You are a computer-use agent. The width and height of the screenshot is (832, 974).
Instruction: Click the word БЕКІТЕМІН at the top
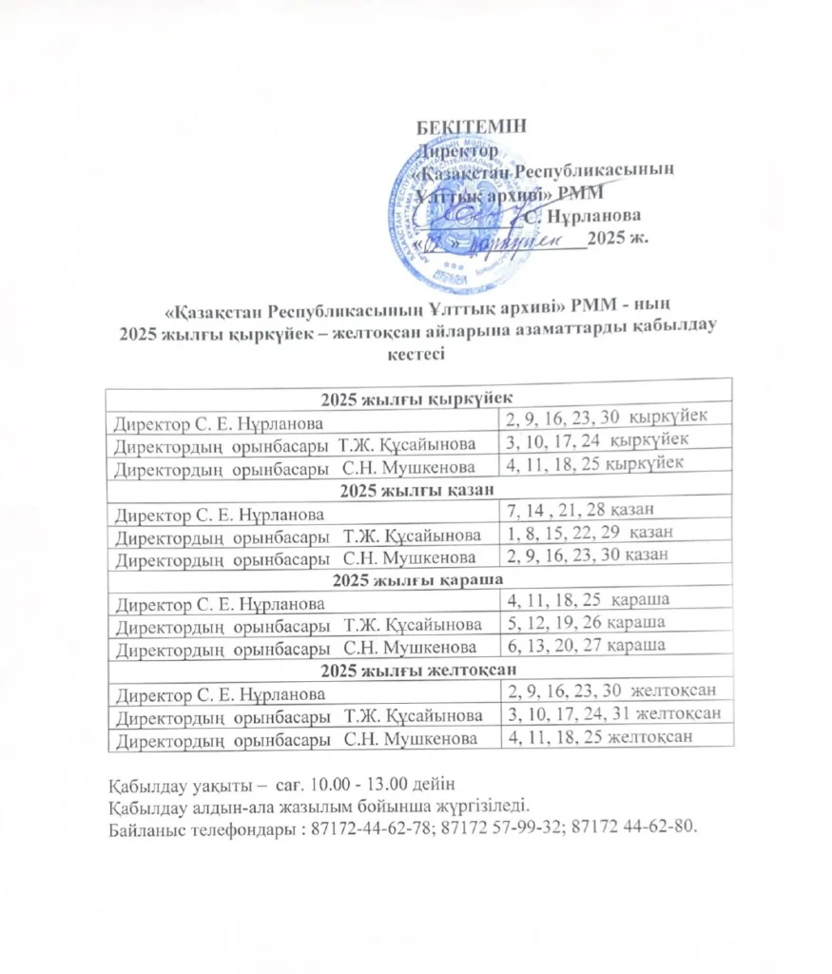pos(472,127)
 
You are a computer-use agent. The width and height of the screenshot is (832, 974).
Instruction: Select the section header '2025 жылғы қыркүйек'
pos(419,398)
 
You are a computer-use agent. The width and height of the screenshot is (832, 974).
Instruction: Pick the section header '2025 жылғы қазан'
pos(419,491)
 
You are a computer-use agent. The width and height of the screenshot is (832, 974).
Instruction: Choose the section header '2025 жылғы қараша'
pos(419,578)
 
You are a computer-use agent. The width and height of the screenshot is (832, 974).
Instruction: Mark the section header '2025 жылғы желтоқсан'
pos(419,669)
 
